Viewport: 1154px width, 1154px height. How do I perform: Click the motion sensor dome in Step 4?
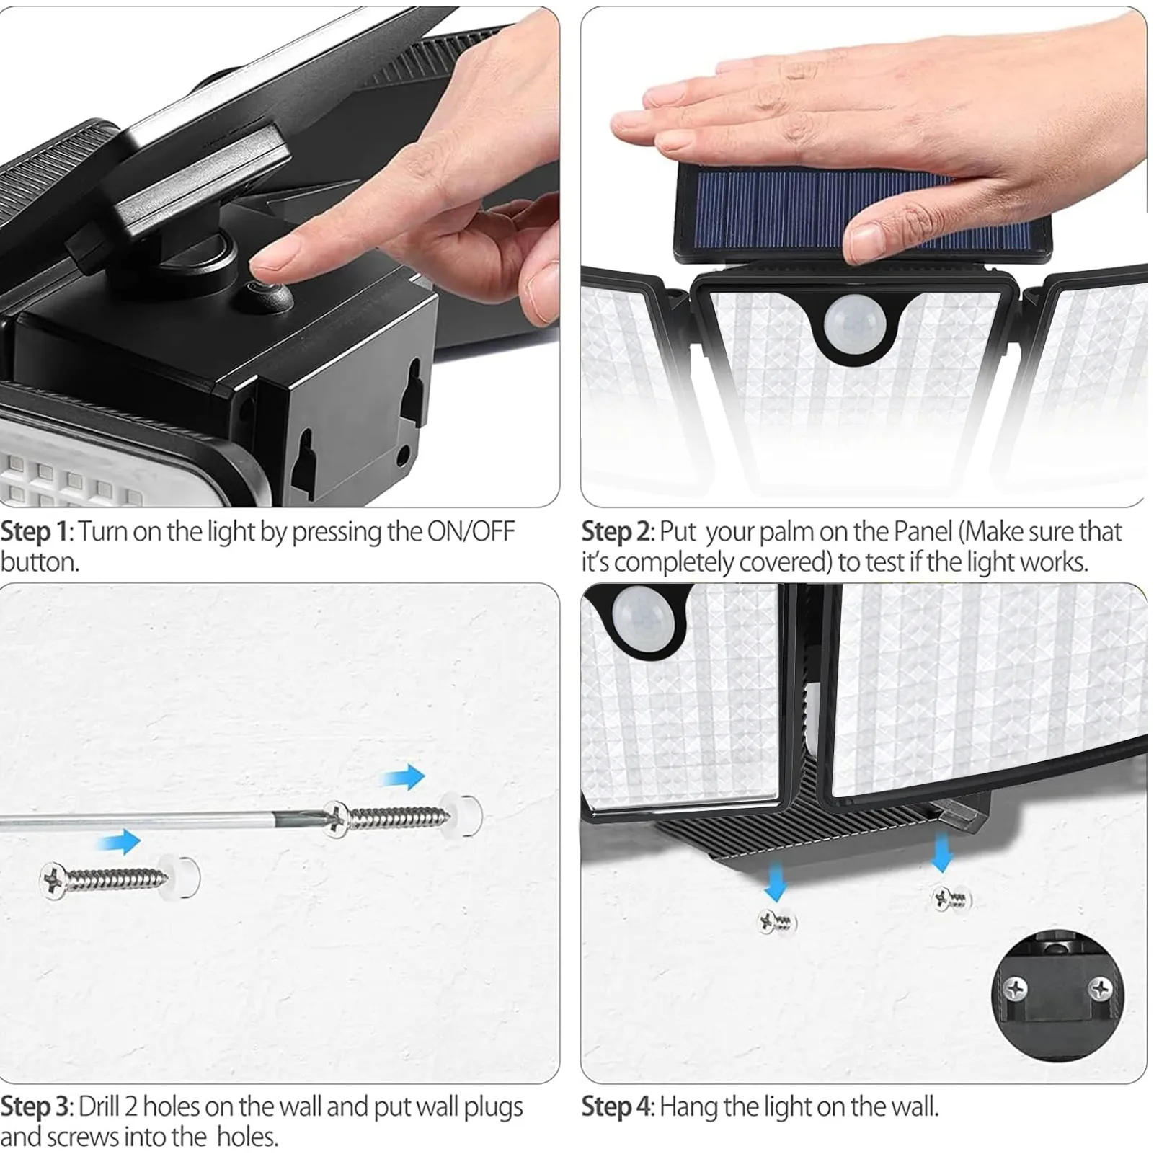click(642, 613)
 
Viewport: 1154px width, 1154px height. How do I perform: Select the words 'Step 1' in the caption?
click(34, 532)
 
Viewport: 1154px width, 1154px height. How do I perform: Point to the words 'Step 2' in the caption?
click(616, 532)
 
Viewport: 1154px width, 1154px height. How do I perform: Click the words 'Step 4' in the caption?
click(617, 1106)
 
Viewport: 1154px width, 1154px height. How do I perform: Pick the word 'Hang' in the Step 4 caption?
click(688, 1106)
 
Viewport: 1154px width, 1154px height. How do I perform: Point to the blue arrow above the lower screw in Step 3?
click(118, 841)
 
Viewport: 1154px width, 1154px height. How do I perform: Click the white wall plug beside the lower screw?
click(182, 876)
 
